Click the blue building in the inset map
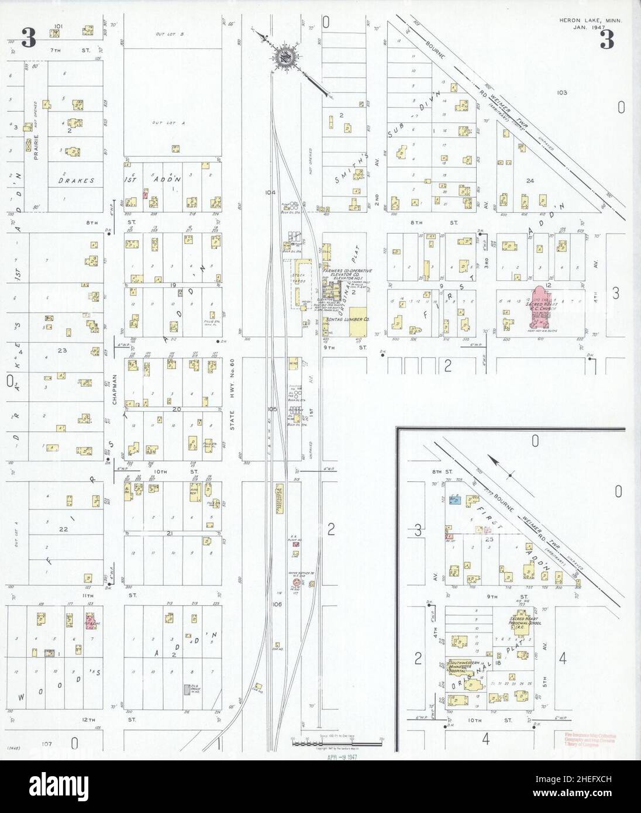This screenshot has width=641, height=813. click(454, 500)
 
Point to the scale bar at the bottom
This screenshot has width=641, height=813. click(336, 742)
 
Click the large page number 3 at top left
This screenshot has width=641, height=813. click(28, 38)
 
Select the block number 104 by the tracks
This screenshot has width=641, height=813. click(270, 192)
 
